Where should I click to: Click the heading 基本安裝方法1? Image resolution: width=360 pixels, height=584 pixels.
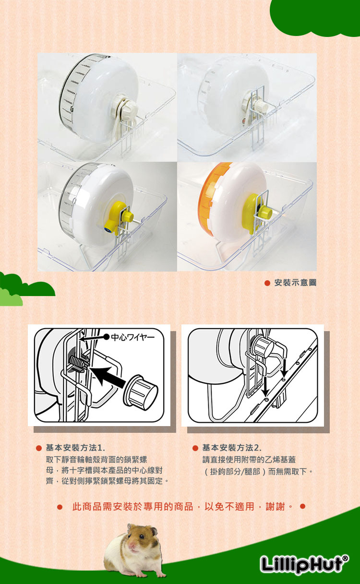tap(75, 448)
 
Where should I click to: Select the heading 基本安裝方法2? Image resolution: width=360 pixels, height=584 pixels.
tap(232, 448)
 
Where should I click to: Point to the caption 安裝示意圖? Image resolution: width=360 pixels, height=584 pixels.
tap(295, 283)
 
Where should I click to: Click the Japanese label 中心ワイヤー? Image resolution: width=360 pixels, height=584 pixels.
tap(133, 337)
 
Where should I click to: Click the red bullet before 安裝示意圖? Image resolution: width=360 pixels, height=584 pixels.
tap(267, 283)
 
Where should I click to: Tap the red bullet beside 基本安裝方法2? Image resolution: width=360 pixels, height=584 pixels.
tap(195, 448)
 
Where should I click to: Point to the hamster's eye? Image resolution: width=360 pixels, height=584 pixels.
tap(142, 536)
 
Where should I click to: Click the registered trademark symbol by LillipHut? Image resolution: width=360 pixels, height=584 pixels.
tap(345, 558)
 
